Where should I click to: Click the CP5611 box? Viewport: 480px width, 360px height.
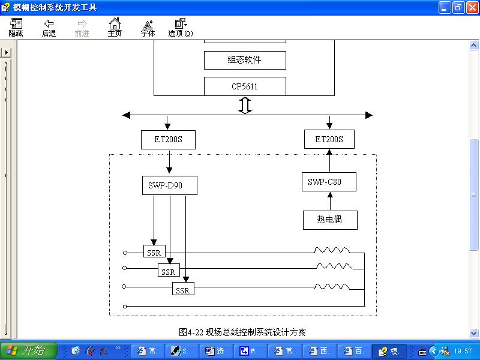point(245,86)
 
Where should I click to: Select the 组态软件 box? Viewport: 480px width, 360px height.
point(245,60)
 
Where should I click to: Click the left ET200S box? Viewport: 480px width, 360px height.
point(168,139)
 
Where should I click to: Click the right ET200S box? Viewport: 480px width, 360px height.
point(329,139)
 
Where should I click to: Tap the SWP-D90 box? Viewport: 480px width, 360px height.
point(165,185)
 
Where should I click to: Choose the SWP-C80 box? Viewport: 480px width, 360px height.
point(329,182)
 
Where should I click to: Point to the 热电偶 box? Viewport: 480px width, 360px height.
point(330,220)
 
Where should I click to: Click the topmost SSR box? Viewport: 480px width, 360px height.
point(154,253)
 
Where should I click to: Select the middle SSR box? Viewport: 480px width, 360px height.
point(169,272)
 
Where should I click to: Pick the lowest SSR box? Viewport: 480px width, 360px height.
point(183,290)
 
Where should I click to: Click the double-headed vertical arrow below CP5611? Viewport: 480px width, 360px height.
point(245,105)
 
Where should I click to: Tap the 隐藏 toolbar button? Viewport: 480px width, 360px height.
point(16,28)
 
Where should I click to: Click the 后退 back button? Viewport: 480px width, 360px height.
point(49,28)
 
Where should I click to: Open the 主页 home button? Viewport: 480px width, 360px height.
point(115,28)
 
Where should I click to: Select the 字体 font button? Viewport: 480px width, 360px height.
point(148,28)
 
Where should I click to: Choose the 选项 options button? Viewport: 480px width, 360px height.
point(180,28)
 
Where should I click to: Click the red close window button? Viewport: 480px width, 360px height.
point(472,7)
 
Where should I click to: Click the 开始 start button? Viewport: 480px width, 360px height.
point(29,351)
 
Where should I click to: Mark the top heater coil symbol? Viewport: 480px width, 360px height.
point(332,250)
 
